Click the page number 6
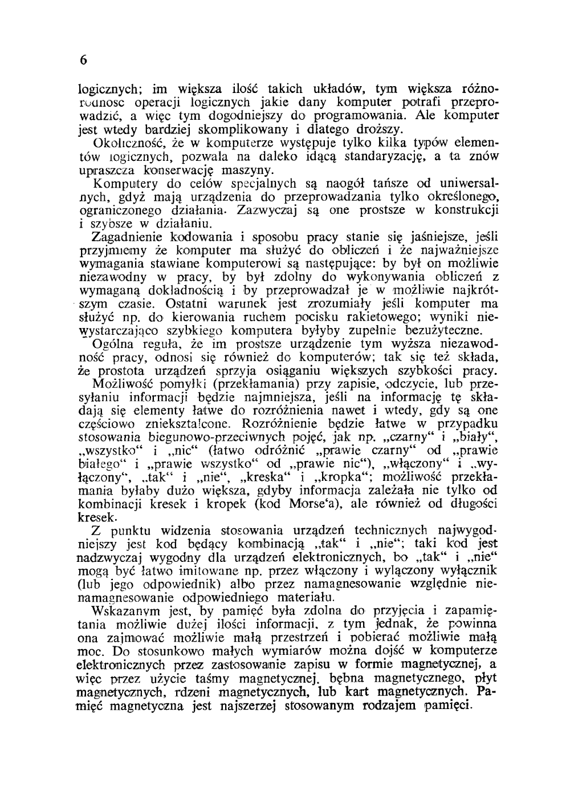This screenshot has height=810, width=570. pos(84,61)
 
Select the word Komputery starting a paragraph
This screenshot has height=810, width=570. pos(120,184)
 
